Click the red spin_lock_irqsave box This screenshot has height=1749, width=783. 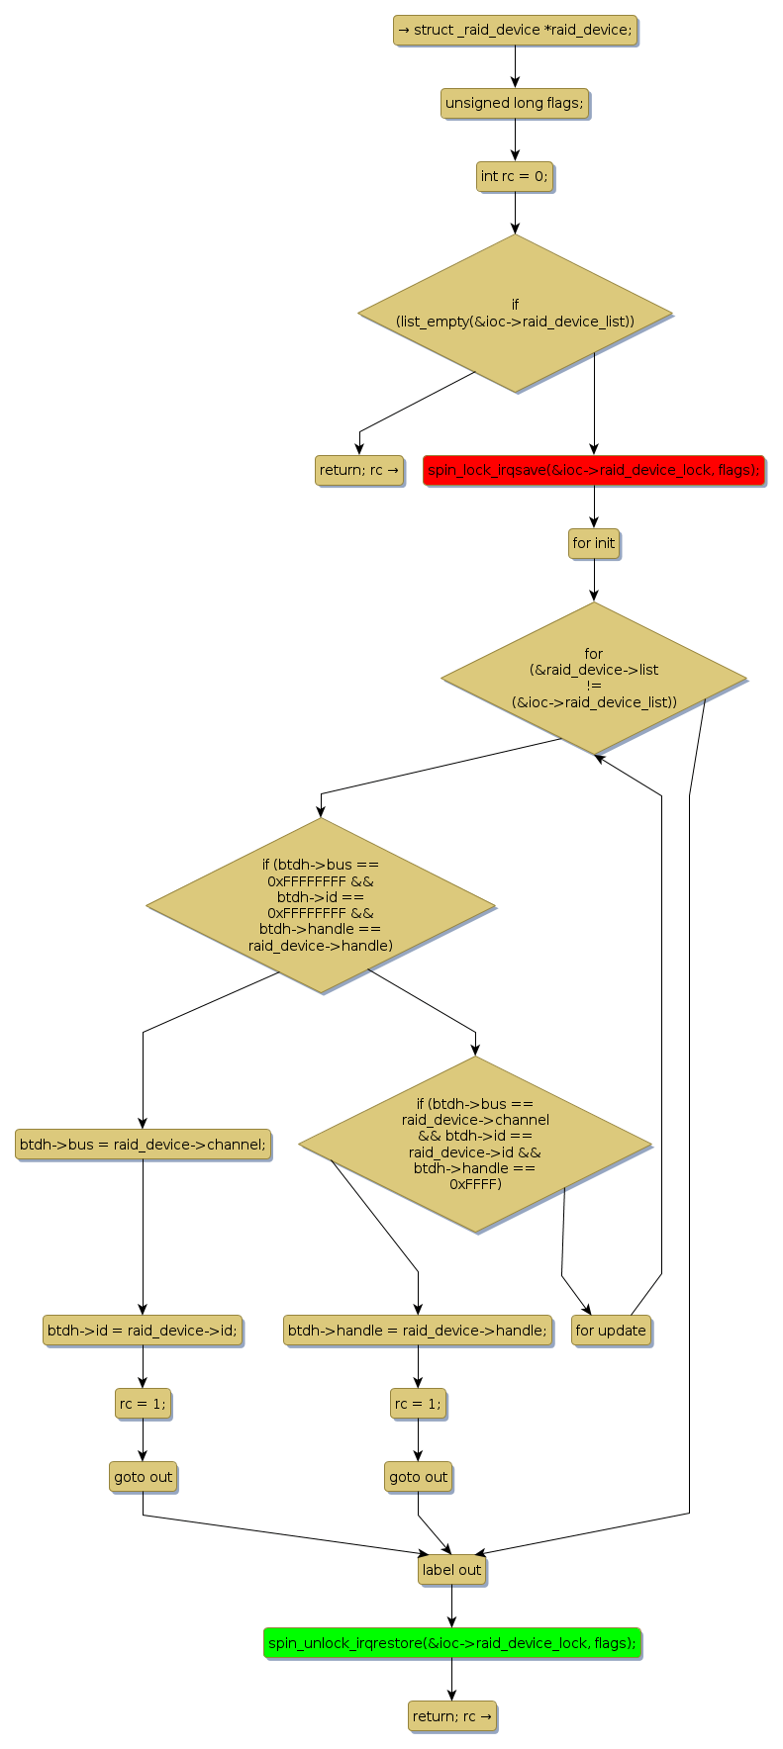pos(594,470)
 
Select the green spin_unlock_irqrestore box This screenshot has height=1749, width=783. pos(452,1643)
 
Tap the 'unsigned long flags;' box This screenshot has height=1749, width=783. pos(515,103)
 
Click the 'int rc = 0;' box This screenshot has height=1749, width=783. pos(514,176)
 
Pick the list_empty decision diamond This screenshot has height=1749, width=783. pos(515,313)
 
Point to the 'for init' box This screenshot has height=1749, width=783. pos(594,543)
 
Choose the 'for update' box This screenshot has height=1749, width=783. pos(611,1331)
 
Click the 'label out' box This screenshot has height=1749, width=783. pos(451,1570)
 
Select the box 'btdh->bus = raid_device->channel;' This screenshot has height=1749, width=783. pos(143,1145)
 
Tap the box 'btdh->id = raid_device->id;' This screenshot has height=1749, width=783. pos(143,1331)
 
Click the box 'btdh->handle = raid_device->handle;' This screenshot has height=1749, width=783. pos(418,1331)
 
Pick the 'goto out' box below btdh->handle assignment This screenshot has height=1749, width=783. pos(418,1477)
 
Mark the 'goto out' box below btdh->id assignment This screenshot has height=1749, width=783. pos(143,1477)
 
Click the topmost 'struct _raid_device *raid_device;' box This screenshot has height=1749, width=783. pos(515,30)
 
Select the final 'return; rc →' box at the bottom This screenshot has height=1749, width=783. pos(451,1716)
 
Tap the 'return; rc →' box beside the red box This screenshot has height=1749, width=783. pos(359,470)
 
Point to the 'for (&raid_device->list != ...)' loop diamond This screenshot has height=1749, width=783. pos(594,678)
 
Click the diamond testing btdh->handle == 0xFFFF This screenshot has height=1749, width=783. pos(475,1144)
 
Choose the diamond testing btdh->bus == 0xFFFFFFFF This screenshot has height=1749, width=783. pos(320,904)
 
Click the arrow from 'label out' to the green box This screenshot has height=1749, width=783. pos(451,1607)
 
